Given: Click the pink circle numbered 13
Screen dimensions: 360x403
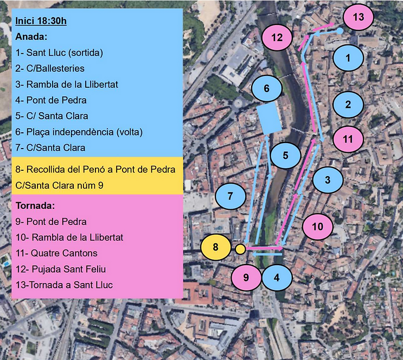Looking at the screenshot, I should (359, 17).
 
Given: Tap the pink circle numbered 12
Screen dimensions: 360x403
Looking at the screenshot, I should (277, 38).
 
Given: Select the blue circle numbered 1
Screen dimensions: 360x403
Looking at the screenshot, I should (348, 57).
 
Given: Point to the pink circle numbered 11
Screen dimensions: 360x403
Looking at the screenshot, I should (348, 139).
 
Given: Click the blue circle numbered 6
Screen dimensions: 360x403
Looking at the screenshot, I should (266, 88).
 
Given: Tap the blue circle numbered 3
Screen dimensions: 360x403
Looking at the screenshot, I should (328, 179).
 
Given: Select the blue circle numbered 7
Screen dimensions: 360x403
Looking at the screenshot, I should (231, 197).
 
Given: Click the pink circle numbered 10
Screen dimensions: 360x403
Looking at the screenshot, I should (318, 226).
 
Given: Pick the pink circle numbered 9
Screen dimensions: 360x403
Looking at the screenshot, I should (246, 278).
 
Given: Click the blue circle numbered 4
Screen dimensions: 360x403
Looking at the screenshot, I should (277, 278).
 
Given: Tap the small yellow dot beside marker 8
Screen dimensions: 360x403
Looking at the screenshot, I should (240, 249).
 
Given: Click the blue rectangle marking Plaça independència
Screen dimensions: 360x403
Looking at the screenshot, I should (268, 119).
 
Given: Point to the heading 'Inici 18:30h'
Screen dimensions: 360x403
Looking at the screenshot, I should (41, 22).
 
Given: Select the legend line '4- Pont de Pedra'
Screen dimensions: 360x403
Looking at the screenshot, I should (51, 100).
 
